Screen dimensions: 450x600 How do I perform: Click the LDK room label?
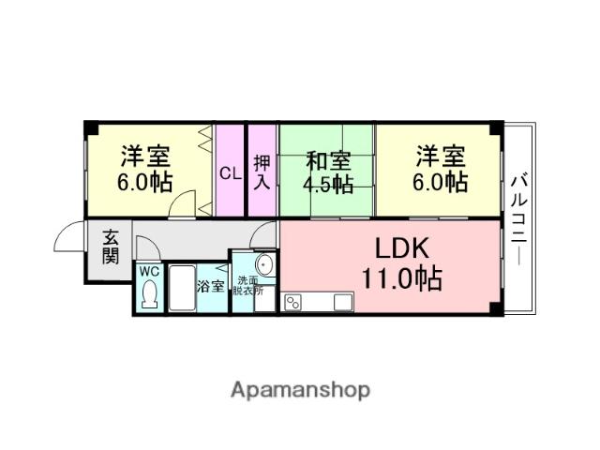coord(402,248)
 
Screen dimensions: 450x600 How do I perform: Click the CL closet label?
coord(229,172)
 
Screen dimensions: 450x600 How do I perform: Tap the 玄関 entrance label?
coord(109,248)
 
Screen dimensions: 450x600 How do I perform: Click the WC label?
coord(149,272)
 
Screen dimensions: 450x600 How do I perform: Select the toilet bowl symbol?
coord(149,296)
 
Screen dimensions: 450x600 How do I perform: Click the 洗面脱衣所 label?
coord(250,286)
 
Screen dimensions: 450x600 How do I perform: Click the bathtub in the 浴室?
coord(181,290)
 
